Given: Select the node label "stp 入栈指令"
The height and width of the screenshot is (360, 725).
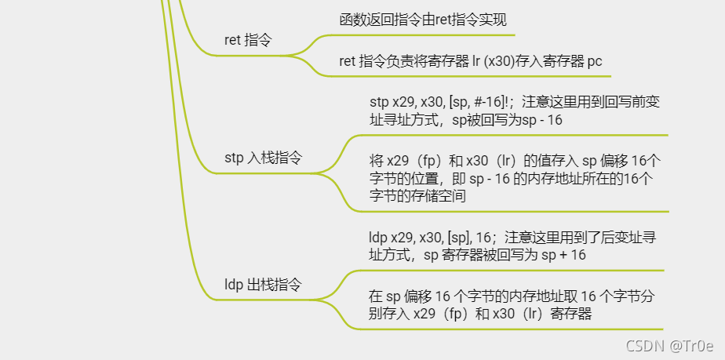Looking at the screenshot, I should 263,158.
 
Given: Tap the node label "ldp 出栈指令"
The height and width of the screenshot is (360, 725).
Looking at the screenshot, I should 263,285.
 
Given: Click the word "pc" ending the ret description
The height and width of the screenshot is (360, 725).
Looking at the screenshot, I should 595,61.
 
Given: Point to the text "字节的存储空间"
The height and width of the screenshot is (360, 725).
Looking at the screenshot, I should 418,196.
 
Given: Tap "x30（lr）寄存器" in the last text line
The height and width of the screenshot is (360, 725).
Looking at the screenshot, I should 541,315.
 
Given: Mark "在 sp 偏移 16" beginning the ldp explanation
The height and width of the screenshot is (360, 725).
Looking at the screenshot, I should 407,296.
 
